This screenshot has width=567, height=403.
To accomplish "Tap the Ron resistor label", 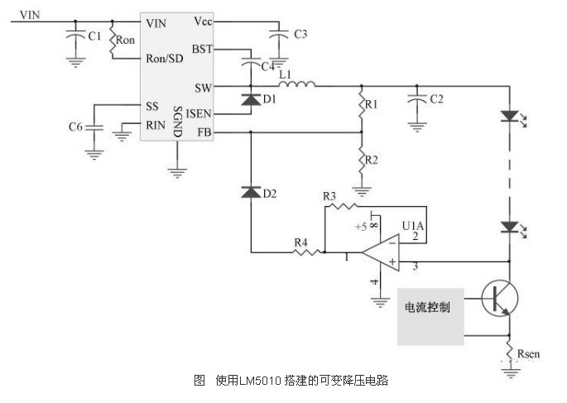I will pos(126,39).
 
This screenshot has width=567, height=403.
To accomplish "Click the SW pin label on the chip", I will pos(204,87).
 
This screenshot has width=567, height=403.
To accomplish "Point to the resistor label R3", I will pos(329,195).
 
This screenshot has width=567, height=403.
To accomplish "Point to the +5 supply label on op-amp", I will pos(361,225).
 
